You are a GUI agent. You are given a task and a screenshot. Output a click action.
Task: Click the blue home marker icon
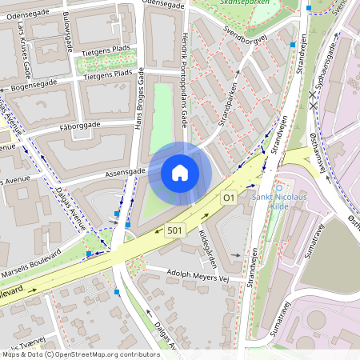[180, 173]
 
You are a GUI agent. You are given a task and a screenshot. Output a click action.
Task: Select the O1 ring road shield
[230, 197]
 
